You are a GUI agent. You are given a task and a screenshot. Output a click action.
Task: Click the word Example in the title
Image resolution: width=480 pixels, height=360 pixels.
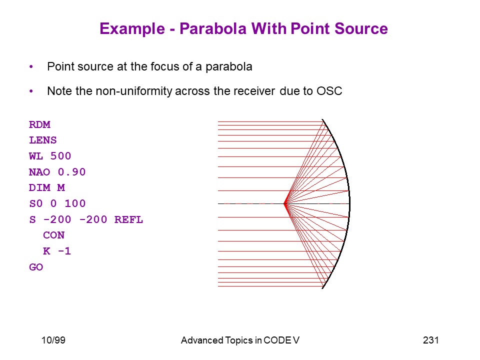[132, 29]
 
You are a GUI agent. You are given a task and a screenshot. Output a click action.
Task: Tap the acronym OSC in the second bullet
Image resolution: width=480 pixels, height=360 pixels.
[329, 91]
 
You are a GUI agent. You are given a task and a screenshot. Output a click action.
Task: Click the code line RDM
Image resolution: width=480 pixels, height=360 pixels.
[39, 124]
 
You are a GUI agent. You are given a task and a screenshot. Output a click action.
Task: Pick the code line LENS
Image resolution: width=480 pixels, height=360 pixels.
[43, 140]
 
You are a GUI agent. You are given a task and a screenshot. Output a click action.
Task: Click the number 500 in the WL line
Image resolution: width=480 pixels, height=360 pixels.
[60, 156]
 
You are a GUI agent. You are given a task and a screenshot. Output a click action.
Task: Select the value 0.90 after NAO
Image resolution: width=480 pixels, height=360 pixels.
[71, 172]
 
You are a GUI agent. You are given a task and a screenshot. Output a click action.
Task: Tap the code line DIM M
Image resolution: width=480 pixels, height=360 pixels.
[47, 187]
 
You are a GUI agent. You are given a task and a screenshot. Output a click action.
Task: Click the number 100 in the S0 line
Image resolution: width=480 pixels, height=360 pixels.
[75, 203]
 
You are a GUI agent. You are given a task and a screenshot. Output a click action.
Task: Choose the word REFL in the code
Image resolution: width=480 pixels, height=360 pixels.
[128, 219]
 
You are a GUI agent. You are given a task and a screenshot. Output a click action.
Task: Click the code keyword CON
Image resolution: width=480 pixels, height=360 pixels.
[54, 235]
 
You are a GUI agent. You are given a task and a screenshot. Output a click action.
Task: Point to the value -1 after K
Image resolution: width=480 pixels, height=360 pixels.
[64, 251]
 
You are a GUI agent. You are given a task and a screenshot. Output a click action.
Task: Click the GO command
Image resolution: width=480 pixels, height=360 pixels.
[36, 267]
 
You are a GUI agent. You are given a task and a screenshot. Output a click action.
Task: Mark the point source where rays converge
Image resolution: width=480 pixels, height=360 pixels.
[285, 203]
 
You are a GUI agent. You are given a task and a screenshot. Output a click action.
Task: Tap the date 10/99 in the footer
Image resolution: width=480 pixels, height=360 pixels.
[53, 340]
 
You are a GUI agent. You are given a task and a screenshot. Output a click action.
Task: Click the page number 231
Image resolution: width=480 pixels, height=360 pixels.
[430, 340]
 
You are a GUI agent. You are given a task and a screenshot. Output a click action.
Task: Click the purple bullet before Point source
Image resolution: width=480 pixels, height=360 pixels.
[31, 66]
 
